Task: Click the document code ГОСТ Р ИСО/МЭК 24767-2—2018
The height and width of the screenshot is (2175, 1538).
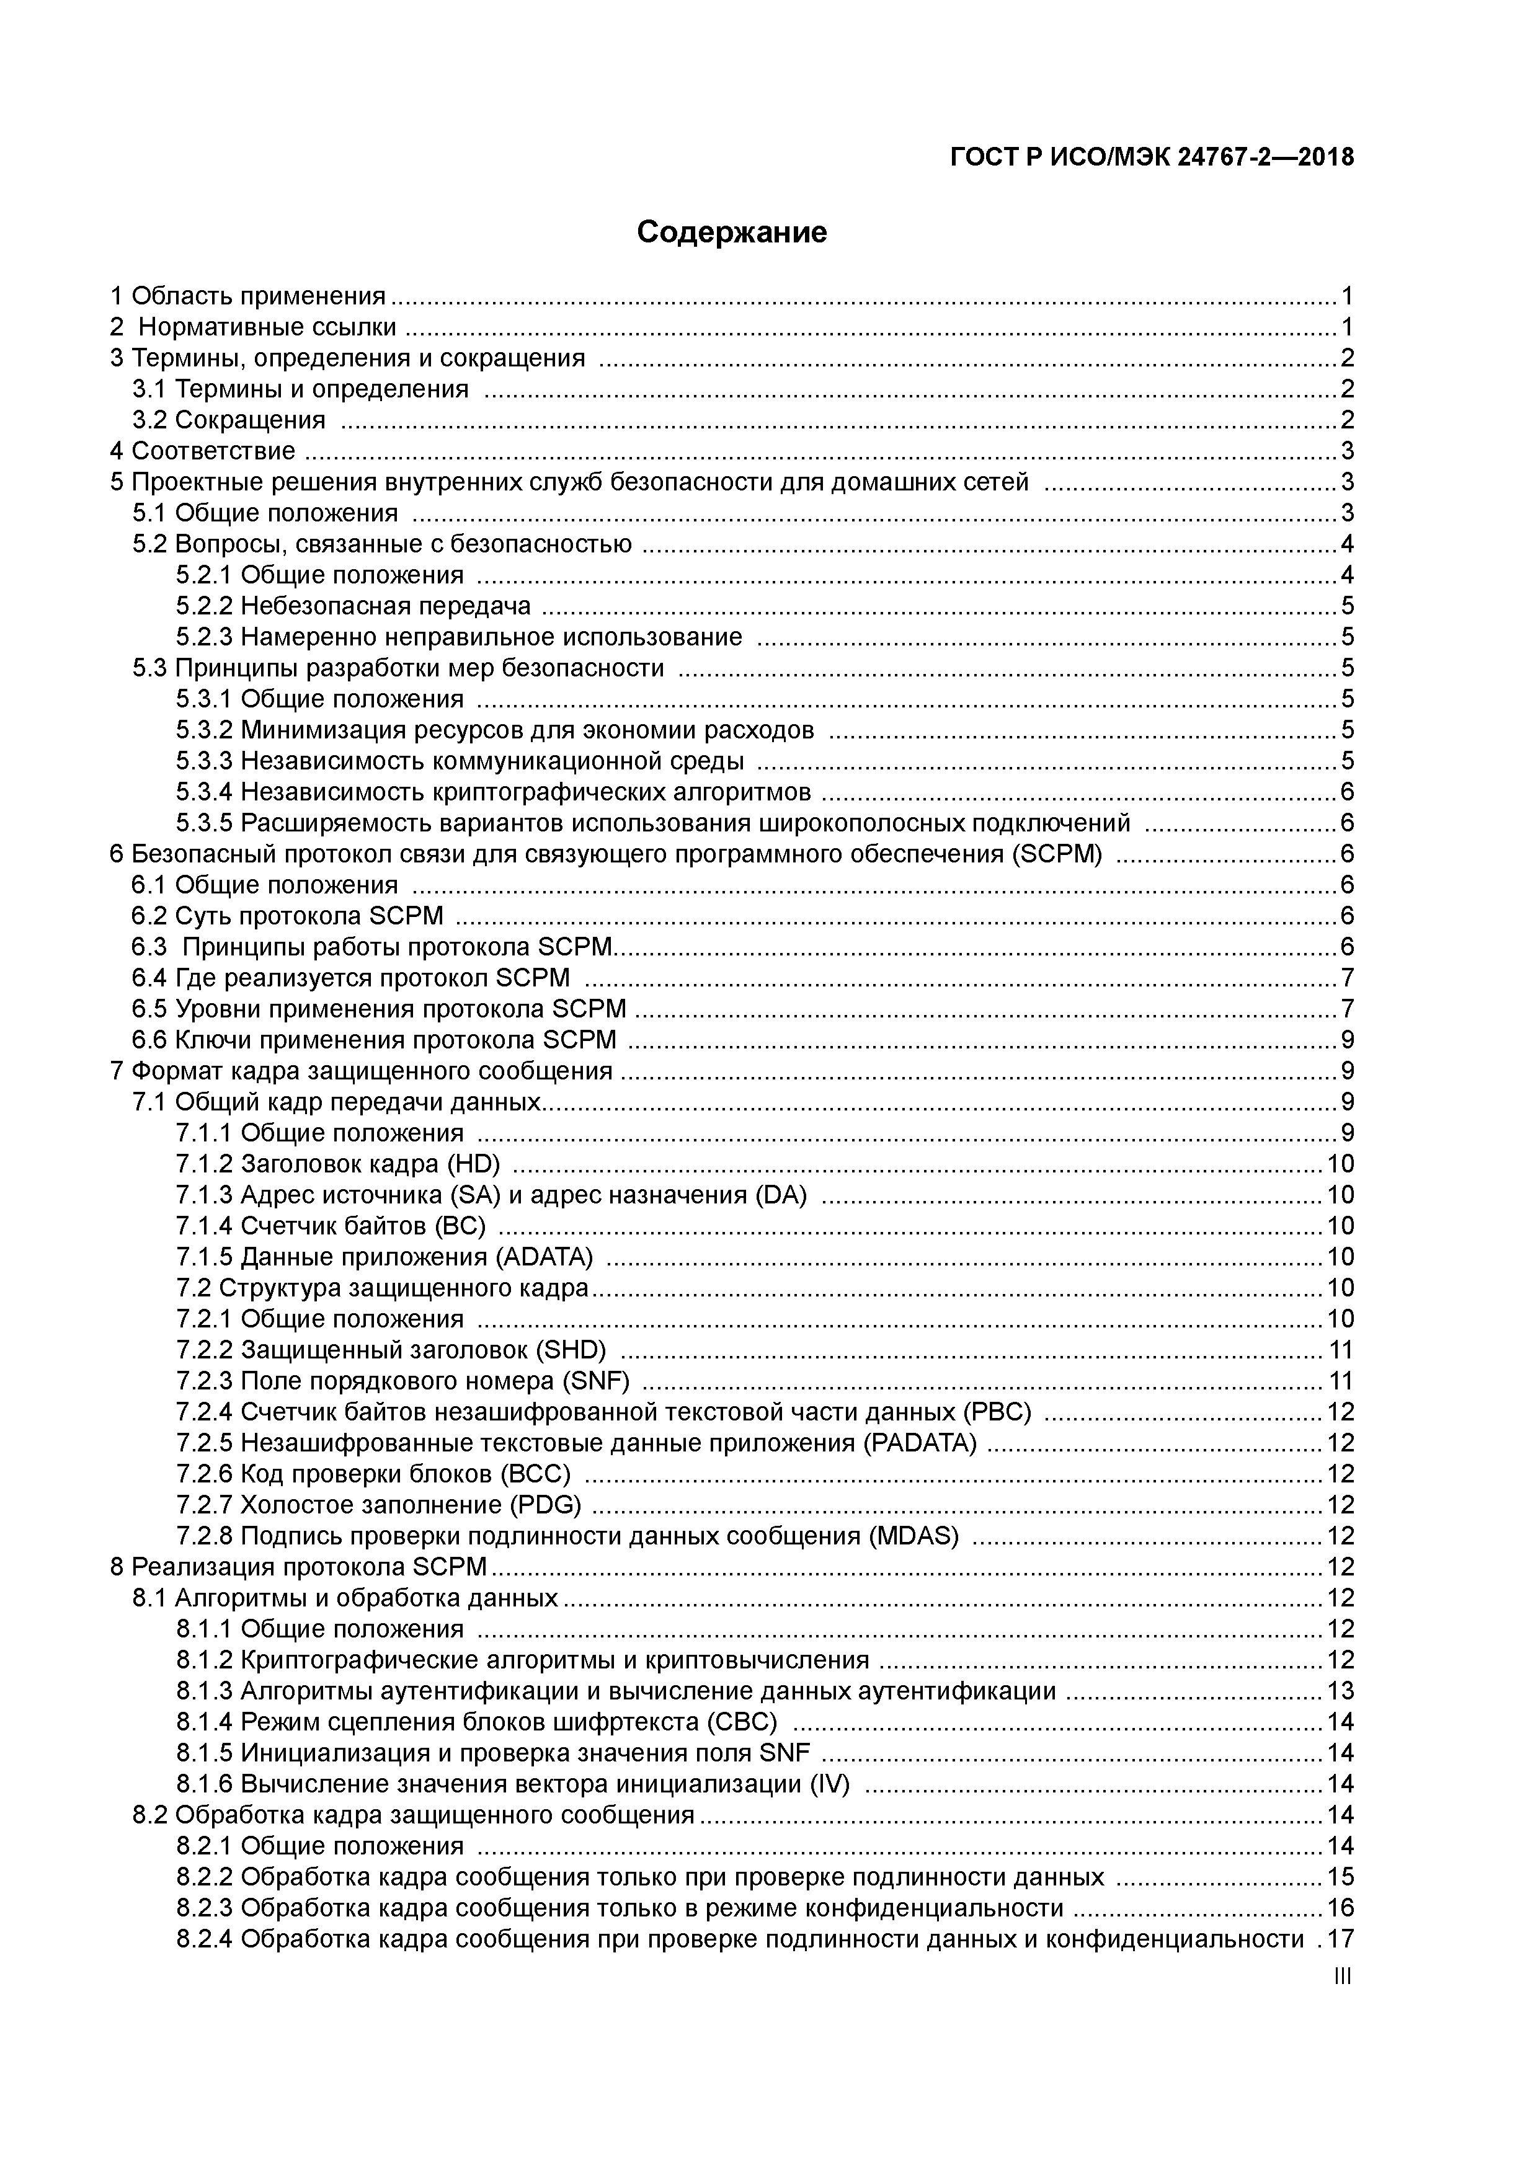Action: coord(1152,157)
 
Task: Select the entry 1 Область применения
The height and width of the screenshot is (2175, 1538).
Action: coord(248,296)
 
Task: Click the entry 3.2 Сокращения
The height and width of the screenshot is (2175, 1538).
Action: coord(228,420)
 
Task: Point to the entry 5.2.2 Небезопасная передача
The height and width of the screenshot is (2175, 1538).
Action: coord(352,605)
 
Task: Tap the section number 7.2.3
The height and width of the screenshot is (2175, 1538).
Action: coord(204,1381)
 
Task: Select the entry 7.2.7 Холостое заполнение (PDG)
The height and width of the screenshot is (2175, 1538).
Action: coord(378,1505)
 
